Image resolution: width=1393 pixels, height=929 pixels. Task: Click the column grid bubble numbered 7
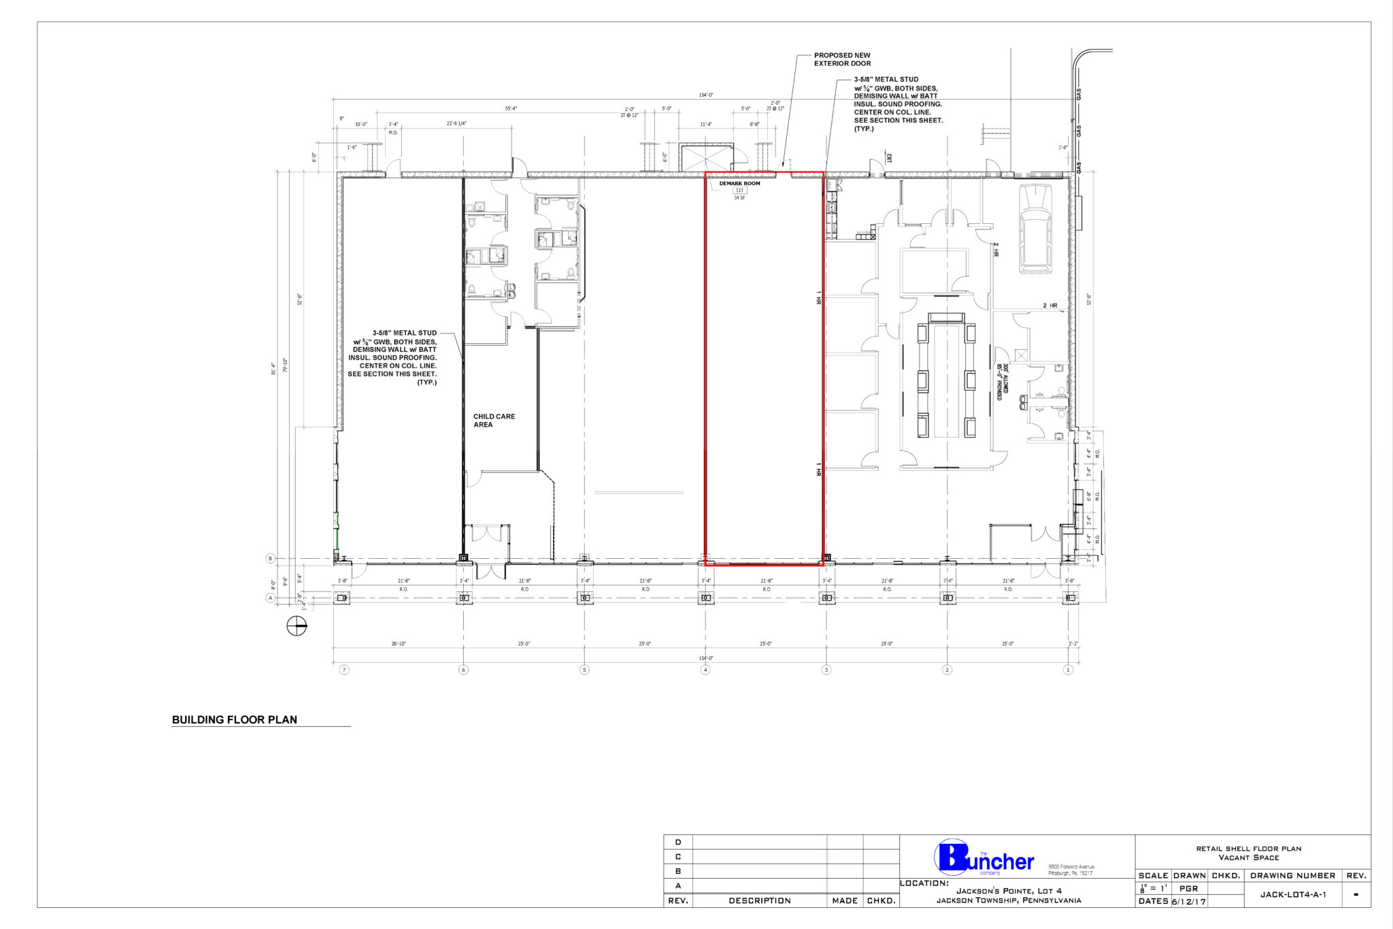point(344,670)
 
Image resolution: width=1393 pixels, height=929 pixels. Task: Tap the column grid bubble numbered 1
point(1068,670)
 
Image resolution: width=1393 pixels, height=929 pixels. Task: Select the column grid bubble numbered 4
point(705,670)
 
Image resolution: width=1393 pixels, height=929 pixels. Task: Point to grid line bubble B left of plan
point(270,559)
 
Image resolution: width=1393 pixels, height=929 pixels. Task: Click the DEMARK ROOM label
point(739,184)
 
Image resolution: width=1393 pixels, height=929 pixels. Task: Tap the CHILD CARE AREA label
point(494,421)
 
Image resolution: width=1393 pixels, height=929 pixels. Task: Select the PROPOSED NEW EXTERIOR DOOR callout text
point(842,59)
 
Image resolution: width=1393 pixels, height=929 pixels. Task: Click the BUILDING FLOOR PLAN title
point(234,720)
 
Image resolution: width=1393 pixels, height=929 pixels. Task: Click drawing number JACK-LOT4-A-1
point(1292,894)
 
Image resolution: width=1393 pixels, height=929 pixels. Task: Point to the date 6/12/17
point(1188,901)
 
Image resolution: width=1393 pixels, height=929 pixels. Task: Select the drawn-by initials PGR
point(1188,888)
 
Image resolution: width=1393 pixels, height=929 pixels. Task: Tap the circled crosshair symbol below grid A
point(297,625)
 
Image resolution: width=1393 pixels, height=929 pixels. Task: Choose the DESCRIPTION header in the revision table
point(759,900)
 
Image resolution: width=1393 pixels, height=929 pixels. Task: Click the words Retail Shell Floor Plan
point(1248,849)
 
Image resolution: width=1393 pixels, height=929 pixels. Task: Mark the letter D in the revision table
point(677,842)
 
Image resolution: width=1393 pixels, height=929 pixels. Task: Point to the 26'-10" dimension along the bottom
point(398,644)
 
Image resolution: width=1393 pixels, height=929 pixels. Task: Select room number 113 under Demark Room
point(739,191)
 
